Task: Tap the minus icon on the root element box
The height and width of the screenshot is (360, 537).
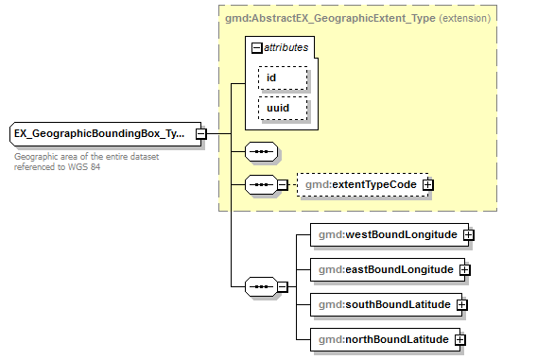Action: [200, 134]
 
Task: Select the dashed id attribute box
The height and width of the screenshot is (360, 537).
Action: [283, 77]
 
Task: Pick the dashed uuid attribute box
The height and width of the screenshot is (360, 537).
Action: [283, 109]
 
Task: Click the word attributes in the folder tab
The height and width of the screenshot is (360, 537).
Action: [286, 46]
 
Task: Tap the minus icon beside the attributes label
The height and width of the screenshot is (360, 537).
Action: [256, 46]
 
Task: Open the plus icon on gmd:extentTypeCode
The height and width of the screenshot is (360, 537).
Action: [428, 184]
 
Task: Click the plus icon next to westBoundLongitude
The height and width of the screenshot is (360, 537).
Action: [468, 233]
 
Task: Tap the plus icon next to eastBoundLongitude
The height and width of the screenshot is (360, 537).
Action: [464, 269]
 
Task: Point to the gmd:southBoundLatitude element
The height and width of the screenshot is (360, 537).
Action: [384, 304]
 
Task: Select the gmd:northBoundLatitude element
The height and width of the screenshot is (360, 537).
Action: [382, 339]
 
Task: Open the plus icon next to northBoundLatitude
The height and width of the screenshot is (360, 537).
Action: [460, 339]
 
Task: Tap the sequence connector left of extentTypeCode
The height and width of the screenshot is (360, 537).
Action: [260, 184]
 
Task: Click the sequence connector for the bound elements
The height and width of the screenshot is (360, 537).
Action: [260, 285]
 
